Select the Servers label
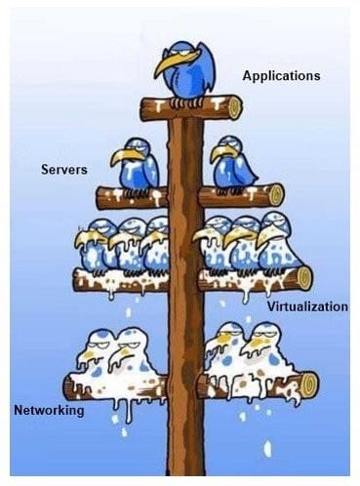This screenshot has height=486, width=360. [x=63, y=170]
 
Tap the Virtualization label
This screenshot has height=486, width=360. [x=307, y=306]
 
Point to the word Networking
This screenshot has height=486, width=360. [x=49, y=410]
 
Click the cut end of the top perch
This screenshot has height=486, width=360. [x=234, y=103]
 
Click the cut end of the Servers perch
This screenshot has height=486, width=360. [x=276, y=194]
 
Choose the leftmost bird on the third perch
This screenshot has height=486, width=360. [x=94, y=246]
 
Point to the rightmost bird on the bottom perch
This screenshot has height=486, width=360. [x=267, y=353]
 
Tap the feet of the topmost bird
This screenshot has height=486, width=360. [x=189, y=100]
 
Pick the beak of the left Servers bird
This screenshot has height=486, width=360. [x=122, y=156]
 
